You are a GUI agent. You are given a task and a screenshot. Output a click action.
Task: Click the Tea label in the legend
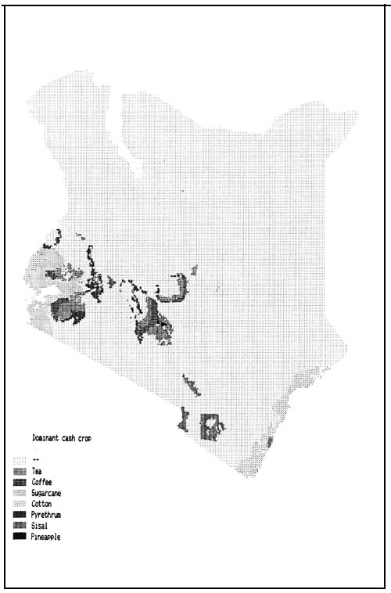[37, 471]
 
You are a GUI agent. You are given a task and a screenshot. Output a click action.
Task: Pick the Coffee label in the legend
[41, 482]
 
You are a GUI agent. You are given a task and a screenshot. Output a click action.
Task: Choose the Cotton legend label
[41, 504]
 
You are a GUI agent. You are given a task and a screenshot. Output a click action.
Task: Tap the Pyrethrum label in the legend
[47, 515]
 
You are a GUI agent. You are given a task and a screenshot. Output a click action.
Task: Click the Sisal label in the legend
[39, 526]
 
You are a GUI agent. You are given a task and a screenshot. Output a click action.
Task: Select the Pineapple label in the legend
[46, 537]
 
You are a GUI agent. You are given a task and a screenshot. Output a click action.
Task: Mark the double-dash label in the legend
[35, 460]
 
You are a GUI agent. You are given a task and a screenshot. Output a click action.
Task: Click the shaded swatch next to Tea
[20, 471]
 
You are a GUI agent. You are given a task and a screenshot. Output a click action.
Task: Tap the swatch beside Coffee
[20, 482]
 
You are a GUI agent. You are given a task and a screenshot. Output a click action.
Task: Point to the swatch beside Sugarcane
[20, 493]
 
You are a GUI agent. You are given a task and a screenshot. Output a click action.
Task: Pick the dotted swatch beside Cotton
[20, 504]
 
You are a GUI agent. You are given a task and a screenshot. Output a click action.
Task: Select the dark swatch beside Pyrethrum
[20, 515]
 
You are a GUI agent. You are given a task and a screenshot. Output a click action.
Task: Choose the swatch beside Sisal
[20, 526]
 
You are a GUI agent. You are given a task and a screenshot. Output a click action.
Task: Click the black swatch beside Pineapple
[20, 537]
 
